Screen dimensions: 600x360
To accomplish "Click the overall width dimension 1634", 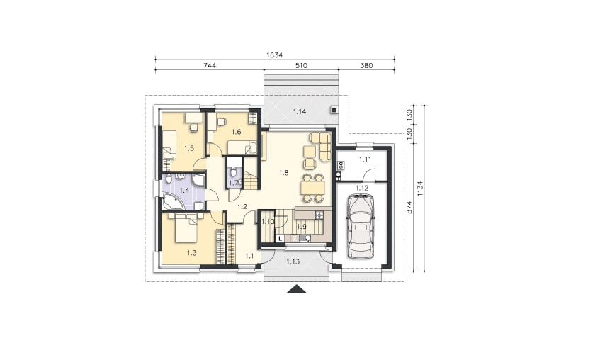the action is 274,55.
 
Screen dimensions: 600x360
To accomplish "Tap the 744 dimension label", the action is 210,65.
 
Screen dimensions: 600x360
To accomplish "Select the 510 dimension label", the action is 301,65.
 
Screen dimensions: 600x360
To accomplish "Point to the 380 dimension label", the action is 366,65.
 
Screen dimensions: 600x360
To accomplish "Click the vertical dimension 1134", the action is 421,189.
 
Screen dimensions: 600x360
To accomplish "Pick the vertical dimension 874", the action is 409,207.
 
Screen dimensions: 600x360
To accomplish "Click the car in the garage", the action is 360,226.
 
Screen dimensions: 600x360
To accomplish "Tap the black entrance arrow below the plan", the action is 297,289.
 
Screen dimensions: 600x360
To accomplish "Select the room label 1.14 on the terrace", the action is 299,111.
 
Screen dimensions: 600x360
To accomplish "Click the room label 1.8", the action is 283,173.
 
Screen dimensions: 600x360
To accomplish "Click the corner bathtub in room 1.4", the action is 173,201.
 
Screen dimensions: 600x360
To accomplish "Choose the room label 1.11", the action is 366,159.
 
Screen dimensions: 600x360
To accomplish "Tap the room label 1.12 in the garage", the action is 361,188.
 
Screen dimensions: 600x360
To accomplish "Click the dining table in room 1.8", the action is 312,188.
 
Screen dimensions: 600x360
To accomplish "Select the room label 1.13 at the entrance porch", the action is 293,261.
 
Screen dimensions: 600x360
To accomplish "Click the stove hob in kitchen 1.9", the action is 319,215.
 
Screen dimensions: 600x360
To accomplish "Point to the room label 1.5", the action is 189,148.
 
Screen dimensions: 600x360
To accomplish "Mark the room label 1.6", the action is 236,132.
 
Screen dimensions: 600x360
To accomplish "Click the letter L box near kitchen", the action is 281,239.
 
